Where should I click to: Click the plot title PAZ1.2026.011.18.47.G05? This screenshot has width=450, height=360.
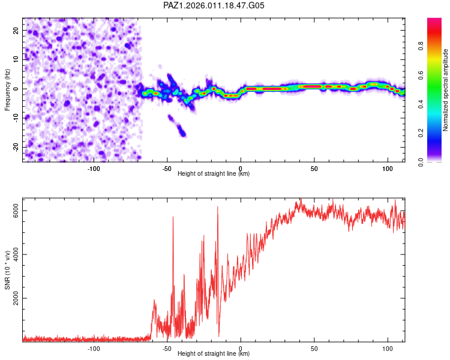click(214, 5)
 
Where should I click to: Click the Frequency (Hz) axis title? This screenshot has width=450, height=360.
click(7, 89)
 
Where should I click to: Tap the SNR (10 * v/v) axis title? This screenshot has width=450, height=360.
click(7, 269)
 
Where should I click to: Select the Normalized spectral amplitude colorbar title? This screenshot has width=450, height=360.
click(446, 90)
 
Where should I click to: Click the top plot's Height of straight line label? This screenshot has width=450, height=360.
click(214, 174)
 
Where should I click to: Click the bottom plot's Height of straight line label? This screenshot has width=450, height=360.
click(214, 354)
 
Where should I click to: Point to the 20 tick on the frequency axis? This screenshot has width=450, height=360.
click(16, 29)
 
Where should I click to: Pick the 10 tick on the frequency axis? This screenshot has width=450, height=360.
click(16, 59)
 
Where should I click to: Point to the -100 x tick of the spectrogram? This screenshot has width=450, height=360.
click(94, 169)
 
